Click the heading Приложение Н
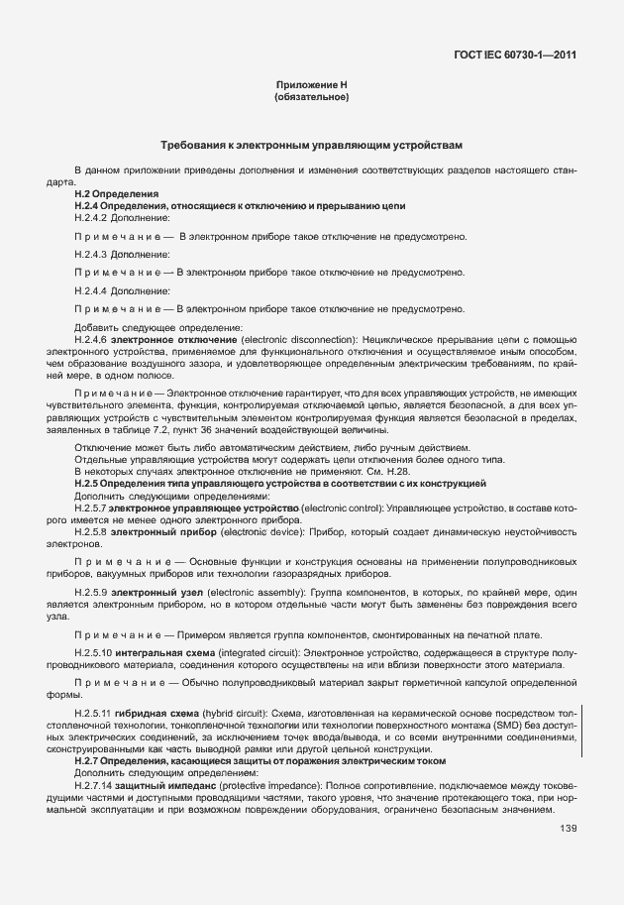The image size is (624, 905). (311, 86)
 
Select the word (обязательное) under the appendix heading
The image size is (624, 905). (311, 98)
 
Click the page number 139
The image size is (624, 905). (568, 829)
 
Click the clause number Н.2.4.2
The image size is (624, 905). (91, 216)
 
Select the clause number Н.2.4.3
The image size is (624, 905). (91, 253)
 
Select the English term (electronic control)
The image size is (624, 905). (342, 508)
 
